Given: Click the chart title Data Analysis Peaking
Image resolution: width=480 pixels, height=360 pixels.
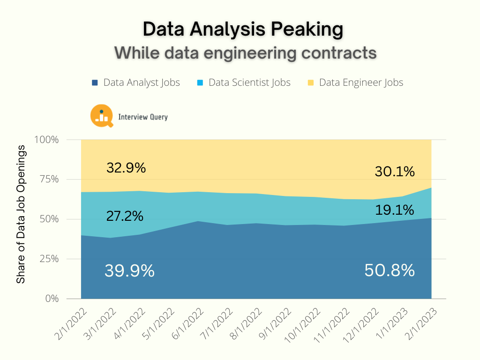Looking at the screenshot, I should (x=243, y=30).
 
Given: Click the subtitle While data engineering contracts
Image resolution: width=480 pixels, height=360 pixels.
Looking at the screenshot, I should (x=246, y=52).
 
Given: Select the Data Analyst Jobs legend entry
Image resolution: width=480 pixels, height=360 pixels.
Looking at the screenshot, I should (x=136, y=82).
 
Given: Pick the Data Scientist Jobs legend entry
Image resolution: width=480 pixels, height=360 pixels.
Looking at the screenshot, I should (x=244, y=82).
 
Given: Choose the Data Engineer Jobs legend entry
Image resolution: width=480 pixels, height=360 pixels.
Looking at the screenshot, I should (x=355, y=82).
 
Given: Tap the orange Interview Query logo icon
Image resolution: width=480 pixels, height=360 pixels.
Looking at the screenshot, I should (x=101, y=116).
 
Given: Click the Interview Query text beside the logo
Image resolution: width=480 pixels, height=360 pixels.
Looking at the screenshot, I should (x=143, y=117).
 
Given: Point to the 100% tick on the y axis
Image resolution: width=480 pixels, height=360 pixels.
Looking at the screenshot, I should (x=47, y=140).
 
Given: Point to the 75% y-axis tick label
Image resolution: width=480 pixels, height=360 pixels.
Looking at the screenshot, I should (x=49, y=180).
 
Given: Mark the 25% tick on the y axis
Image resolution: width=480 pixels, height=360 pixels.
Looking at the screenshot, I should (x=49, y=259).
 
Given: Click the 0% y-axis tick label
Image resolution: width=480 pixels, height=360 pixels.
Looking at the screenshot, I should (x=52, y=299).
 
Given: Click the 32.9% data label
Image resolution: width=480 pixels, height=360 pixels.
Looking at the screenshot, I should (x=126, y=168).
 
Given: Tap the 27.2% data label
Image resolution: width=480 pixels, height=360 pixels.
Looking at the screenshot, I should (x=125, y=217).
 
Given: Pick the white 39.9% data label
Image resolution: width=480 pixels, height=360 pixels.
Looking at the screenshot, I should (x=129, y=270).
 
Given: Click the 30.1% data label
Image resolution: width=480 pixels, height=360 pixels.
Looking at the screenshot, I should (x=395, y=172).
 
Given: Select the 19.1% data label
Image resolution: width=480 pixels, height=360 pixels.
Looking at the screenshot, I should (x=394, y=210).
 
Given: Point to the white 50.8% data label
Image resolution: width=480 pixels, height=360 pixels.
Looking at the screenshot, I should (x=390, y=270).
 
